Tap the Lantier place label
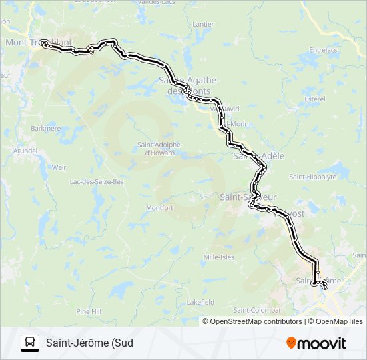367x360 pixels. coord(203,24)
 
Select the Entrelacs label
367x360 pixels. coord(323,49)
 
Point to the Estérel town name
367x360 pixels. coord(314,99)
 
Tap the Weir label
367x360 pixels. coord(59,167)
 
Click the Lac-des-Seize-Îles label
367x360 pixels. coord(97,181)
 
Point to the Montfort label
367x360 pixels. coord(160,208)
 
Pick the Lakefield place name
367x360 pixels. coord(200,302)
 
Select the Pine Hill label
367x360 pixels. coord(88,311)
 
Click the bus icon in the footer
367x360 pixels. coord(30,343)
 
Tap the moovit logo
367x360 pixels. coord(316,343)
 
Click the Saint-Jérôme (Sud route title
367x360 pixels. coord(89,343)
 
